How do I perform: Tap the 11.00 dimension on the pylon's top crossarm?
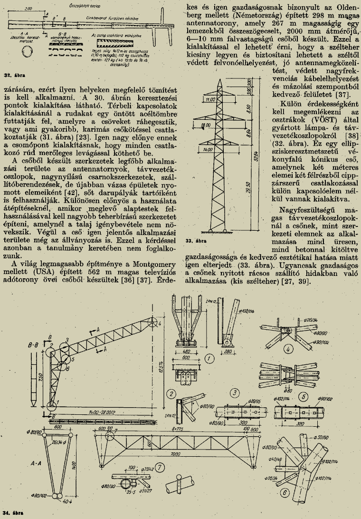[x=198, y=99]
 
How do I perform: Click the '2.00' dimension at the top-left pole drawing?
[x=28, y=9]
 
